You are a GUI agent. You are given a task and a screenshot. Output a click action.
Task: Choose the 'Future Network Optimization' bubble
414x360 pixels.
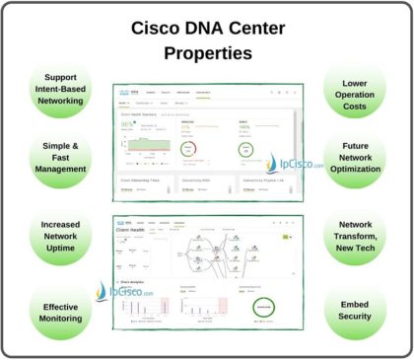[x=354, y=161]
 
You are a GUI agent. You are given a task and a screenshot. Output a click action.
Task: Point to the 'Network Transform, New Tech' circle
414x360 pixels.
[x=354, y=239]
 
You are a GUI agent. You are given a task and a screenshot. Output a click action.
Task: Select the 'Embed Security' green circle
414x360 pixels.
[x=354, y=313]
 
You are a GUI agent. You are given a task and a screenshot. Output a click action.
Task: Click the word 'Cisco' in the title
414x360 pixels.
[x=157, y=28]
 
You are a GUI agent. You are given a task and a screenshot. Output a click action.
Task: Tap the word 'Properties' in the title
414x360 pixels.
[x=207, y=51]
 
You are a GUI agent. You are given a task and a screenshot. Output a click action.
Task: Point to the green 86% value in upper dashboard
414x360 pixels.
[x=127, y=126]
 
